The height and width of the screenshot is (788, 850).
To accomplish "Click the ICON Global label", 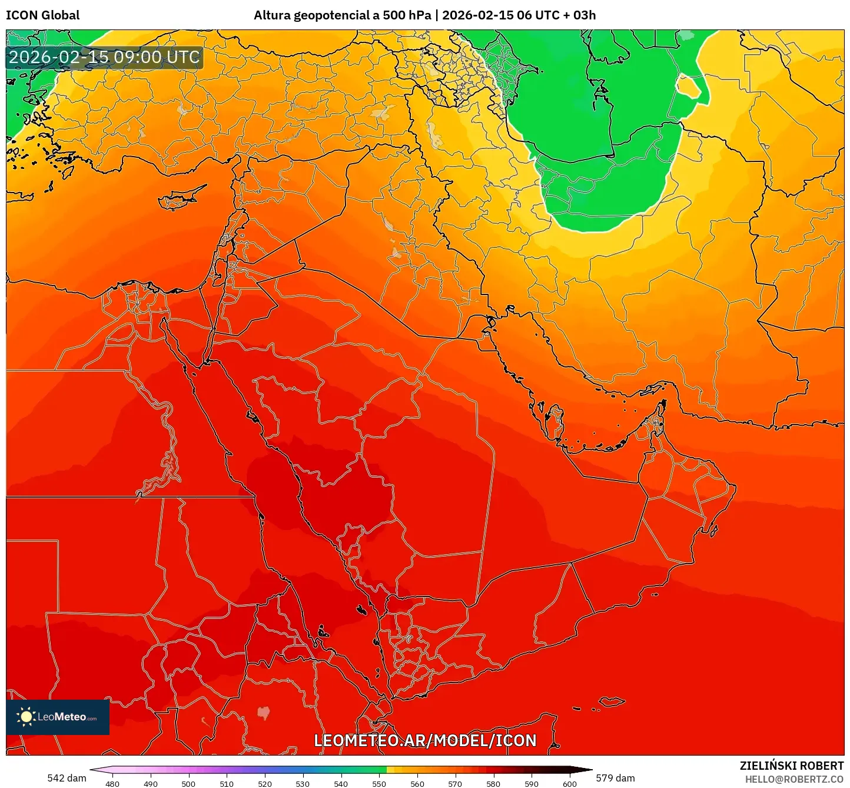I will (42, 15).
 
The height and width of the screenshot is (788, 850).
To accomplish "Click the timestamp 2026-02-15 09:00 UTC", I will (104, 57).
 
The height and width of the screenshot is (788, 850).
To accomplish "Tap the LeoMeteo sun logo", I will (26, 717).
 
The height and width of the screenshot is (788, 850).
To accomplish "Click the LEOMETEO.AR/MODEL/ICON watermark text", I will (425, 740).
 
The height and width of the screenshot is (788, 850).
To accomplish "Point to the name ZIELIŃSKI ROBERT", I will (792, 766).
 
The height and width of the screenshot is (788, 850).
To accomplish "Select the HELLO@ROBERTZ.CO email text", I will (794, 779).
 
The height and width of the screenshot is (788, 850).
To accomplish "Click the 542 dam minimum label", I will (67, 778).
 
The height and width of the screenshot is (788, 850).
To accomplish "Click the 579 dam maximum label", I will (615, 778).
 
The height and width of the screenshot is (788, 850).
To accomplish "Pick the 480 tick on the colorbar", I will (112, 784).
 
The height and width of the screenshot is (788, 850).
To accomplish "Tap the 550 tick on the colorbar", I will (379, 784).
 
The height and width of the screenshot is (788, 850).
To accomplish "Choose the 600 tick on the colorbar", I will (569, 784).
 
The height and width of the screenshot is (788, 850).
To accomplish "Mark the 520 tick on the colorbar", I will (264, 784).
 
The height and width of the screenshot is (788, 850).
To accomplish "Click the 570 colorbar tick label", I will (455, 784).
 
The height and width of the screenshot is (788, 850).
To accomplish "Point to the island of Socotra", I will (612, 701).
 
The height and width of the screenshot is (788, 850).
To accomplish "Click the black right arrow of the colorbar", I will (585, 769).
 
